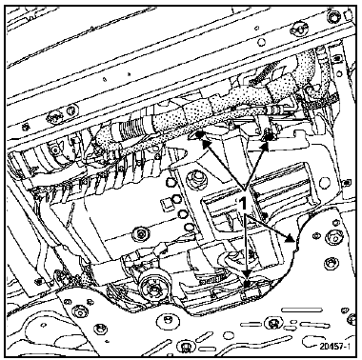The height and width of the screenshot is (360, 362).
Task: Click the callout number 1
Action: (243, 203)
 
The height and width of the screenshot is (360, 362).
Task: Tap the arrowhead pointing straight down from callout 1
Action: (247, 274)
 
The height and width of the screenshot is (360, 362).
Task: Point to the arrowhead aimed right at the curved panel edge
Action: (289, 238)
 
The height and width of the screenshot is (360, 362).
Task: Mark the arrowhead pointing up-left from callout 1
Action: (207, 145)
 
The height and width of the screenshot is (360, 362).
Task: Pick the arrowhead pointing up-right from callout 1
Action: (264, 147)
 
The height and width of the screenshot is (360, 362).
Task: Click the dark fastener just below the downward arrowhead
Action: (247, 284)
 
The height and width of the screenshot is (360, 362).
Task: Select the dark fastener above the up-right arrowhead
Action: (270, 137)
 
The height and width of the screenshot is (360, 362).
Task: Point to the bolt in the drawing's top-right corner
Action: (334, 15)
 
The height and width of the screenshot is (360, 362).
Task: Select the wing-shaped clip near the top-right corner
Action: (299, 28)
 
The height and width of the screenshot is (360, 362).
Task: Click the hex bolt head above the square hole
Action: (171, 182)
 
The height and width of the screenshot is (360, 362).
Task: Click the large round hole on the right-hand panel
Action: (325, 183)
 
